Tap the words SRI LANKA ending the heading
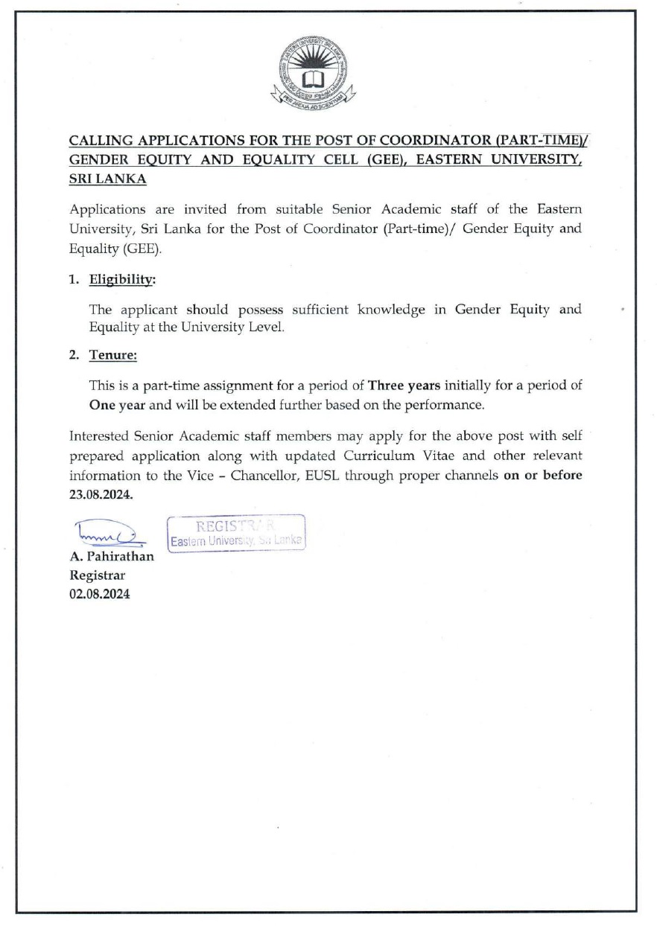107,179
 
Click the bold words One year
106,406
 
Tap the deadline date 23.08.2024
101,496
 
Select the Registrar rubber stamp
237,532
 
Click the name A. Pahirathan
112,557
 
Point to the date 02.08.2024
100,594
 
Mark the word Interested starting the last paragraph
98,435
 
